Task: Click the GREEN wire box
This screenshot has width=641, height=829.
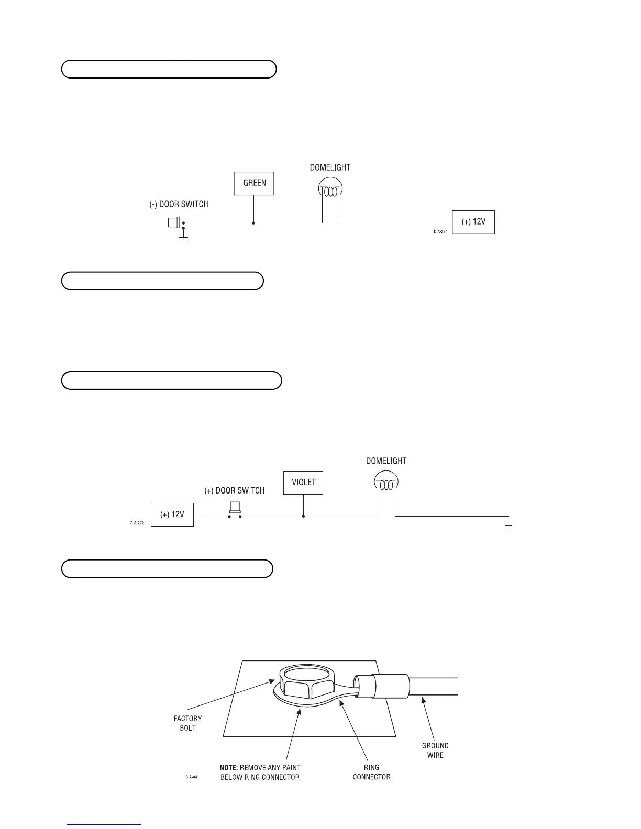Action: tap(254, 183)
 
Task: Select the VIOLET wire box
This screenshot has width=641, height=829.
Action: tap(303, 483)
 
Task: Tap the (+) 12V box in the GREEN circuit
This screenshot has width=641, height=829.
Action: tap(473, 222)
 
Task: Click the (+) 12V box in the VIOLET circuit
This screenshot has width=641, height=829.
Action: tap(172, 514)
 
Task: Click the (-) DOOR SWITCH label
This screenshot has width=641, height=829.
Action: tap(179, 204)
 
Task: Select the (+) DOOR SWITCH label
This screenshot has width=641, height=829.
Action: tap(234, 491)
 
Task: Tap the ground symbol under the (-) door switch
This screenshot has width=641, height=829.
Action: tap(183, 238)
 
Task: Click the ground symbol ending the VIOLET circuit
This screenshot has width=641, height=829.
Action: tap(508, 525)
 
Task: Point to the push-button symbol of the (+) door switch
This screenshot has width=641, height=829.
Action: tap(235, 508)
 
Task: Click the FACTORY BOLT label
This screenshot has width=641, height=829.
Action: tap(187, 723)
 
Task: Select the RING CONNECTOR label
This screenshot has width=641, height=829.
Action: tap(371, 772)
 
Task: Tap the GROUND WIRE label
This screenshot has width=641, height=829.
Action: tap(435, 750)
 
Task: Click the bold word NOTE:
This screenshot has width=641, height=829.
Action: tap(228, 768)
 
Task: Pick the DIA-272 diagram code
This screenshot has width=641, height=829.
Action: tap(137, 522)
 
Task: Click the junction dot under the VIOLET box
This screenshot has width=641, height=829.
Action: tap(303, 517)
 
